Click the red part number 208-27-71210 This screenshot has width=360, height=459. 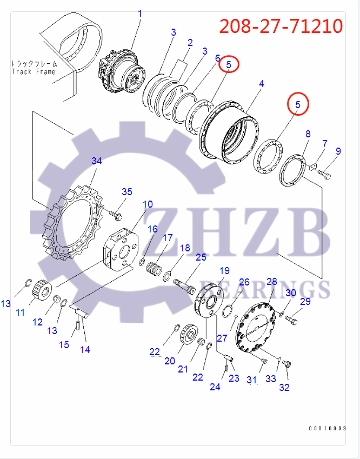281,26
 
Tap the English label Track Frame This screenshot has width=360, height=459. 34,71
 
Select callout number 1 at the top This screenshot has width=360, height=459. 139,13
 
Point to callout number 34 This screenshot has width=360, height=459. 97,161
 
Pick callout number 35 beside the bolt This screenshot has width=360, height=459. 126,192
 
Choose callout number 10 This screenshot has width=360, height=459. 148,204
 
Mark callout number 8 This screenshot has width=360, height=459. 308,134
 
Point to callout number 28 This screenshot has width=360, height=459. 271,282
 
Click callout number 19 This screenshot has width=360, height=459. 224,270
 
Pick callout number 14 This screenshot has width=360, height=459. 85,349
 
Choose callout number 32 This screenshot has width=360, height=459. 284,387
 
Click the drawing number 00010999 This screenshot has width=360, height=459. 327,428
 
